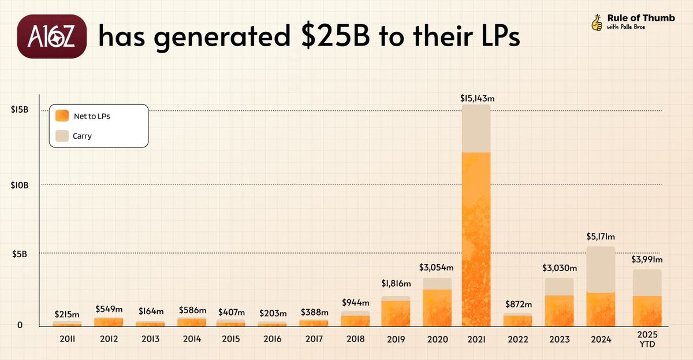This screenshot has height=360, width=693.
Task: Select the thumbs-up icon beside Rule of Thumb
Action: click(x=597, y=23)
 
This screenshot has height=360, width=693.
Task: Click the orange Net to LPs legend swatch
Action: click(x=62, y=116)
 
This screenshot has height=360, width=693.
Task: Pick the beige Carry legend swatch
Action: click(x=62, y=136)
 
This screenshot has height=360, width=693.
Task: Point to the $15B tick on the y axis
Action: click(x=22, y=110)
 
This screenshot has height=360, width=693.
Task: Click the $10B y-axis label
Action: click(x=22, y=184)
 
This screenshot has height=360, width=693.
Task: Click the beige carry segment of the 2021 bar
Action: click(x=476, y=128)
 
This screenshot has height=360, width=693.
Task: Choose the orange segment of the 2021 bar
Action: click(x=476, y=237)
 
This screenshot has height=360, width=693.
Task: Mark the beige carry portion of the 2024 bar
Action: click(x=601, y=269)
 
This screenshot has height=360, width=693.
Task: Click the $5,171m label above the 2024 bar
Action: click(x=601, y=236)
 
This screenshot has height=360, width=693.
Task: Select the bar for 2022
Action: click(x=518, y=320)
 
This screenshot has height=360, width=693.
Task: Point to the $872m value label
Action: click(x=518, y=305)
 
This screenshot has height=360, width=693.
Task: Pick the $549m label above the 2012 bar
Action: click(x=109, y=309)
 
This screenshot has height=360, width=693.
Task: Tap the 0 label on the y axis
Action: click(x=19, y=325)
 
